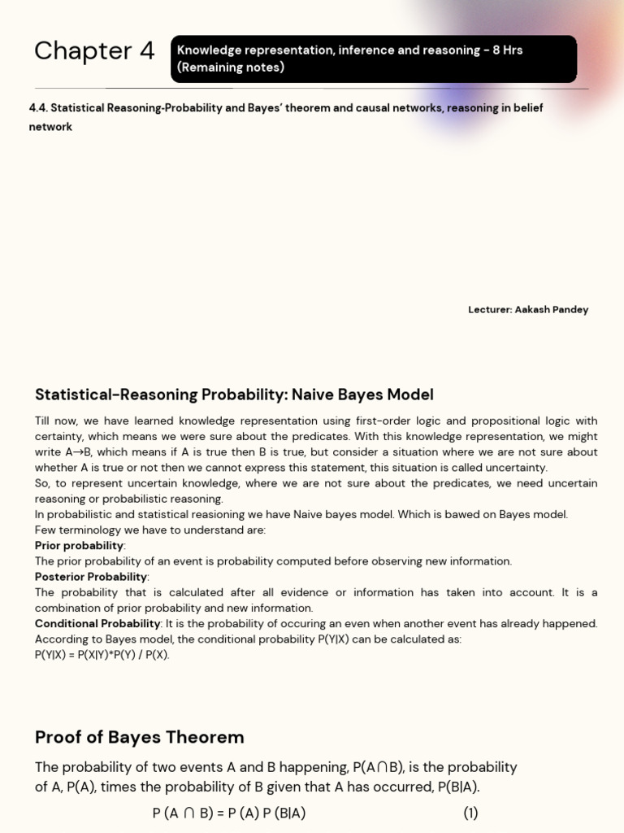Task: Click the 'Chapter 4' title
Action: pyautogui.click(x=93, y=51)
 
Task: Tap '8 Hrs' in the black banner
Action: pyautogui.click(x=505, y=50)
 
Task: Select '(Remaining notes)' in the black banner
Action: pyautogui.click(x=231, y=68)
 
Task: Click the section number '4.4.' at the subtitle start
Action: pyautogui.click(x=38, y=108)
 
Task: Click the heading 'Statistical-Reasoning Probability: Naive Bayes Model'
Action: pyautogui.click(x=234, y=395)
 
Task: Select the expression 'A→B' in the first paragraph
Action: pyautogui.click(x=79, y=452)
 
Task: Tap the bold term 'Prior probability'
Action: pyautogui.click(x=79, y=546)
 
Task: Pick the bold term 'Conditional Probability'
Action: pyautogui.click(x=97, y=624)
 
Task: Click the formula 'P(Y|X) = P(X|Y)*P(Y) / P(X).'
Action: pyautogui.click(x=102, y=655)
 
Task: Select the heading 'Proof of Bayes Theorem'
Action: pyautogui.click(x=139, y=738)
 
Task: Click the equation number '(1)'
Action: pyautogui.click(x=471, y=813)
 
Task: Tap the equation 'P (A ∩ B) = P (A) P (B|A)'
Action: pyautogui.click(x=229, y=813)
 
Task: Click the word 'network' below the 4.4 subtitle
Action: pyautogui.click(x=50, y=128)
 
